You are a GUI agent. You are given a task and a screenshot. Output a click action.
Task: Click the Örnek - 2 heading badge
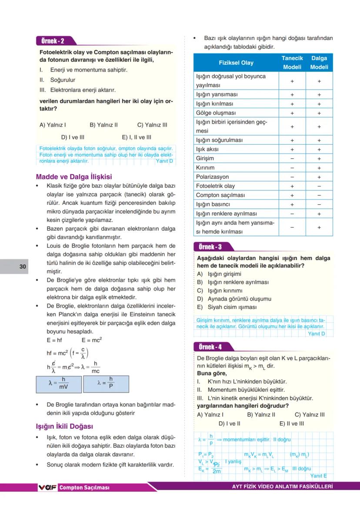click(x=53, y=41)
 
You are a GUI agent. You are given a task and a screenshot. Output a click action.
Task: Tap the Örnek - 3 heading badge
click(x=210, y=247)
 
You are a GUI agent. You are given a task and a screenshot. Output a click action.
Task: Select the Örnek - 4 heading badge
click(x=210, y=347)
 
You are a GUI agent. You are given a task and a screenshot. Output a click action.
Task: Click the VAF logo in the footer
click(x=48, y=487)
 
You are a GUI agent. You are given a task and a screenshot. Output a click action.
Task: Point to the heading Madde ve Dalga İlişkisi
click(x=73, y=177)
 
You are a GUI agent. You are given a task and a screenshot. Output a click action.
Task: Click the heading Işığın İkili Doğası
click(x=64, y=426)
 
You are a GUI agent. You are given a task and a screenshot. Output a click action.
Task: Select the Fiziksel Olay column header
click(x=236, y=63)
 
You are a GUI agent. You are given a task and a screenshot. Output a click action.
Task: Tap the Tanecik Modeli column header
click(x=292, y=63)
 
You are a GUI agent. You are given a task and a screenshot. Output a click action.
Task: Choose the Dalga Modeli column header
click(x=319, y=63)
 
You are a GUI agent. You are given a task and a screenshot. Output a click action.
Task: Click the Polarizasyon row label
click(x=212, y=177)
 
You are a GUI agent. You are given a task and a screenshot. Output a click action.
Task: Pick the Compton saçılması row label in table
click(x=220, y=195)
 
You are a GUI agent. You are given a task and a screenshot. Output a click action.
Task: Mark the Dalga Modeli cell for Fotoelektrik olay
click(x=319, y=186)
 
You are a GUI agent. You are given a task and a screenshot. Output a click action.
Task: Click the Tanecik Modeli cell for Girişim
click(x=292, y=159)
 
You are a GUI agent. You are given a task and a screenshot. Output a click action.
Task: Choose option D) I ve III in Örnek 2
click(x=73, y=137)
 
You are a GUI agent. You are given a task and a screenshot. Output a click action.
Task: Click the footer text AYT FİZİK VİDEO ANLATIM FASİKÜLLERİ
click(x=283, y=487)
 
